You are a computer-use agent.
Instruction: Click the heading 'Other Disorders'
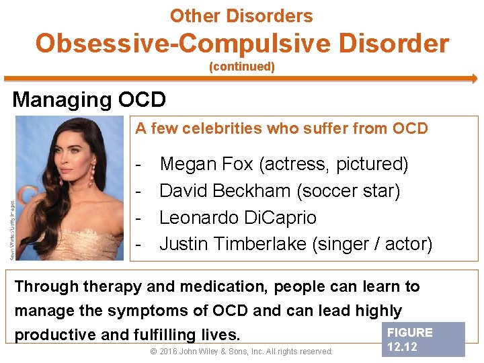(x=241, y=16)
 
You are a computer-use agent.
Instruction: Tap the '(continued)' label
(x=242, y=67)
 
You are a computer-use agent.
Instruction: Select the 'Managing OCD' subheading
(x=89, y=99)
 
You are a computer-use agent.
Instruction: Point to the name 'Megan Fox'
(x=207, y=164)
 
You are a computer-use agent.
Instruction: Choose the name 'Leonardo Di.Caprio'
(x=237, y=218)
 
